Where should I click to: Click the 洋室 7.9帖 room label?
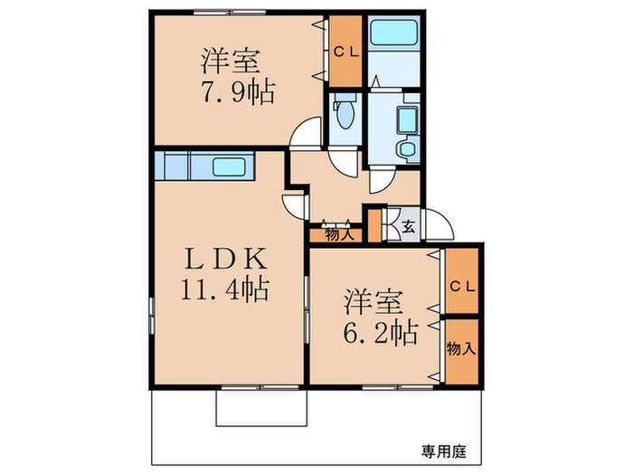click(x=231, y=77)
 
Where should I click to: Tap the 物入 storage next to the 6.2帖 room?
click(x=461, y=348)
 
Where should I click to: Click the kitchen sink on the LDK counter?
click(x=232, y=166)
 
